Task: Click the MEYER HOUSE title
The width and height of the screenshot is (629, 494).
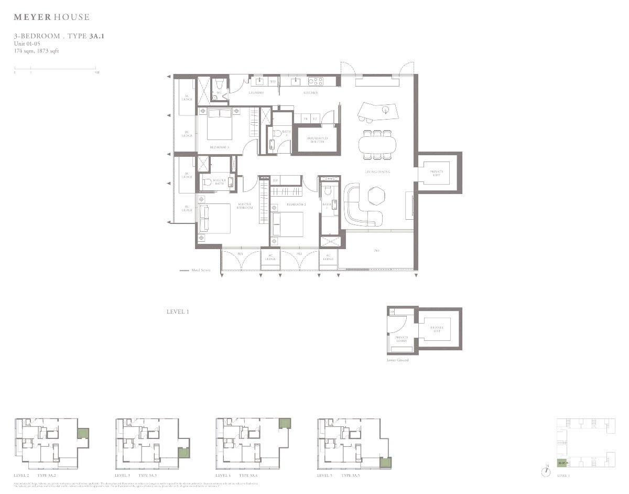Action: click(x=51, y=17)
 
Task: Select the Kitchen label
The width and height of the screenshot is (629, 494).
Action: click(x=310, y=93)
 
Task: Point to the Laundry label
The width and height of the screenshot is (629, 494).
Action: click(x=256, y=93)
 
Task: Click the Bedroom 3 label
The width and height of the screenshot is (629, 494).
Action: click(x=219, y=147)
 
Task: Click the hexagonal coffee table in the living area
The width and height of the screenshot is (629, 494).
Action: click(x=376, y=196)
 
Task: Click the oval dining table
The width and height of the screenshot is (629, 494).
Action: click(x=377, y=143)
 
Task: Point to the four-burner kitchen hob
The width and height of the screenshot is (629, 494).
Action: click(x=315, y=81)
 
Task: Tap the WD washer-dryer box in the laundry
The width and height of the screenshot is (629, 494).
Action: click(x=273, y=81)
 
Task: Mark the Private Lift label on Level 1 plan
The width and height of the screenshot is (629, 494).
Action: click(x=437, y=173)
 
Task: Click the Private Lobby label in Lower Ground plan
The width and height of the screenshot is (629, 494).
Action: click(x=401, y=339)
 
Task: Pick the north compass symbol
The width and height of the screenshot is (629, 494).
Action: click(x=547, y=471)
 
